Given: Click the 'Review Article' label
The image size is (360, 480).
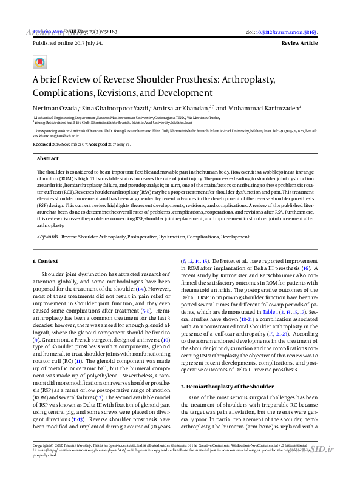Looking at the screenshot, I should [300, 44].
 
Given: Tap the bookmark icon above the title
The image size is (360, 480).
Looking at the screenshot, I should [39, 62].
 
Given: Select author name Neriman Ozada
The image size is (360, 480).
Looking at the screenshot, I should [52, 107].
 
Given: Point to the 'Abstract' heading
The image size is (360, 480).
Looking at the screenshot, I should [48, 158].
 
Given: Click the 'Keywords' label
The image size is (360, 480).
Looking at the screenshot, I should [48, 237].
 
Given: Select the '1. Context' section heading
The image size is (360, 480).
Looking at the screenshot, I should [46, 261].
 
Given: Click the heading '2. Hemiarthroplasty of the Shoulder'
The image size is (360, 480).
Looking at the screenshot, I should [227, 387].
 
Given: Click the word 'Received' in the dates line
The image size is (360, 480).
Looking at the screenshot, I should [42, 144].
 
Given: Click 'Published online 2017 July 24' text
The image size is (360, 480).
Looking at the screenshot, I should [67, 44].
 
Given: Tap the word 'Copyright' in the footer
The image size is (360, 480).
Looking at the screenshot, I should [44, 462].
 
